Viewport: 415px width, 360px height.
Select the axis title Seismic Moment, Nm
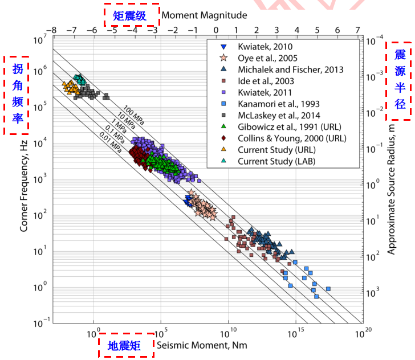point(195,346)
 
